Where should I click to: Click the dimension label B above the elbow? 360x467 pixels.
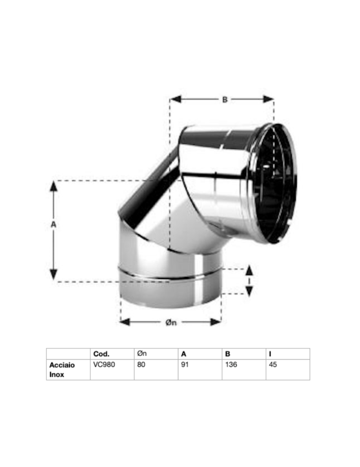coord(225,99)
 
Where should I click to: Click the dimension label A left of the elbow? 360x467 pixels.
coord(53,225)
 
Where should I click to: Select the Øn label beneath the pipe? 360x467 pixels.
coord(171,322)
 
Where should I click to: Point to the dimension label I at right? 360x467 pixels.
coord(249,281)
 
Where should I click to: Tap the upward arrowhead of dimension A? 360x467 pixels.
coord(54,186)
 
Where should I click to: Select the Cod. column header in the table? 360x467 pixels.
coord(101,354)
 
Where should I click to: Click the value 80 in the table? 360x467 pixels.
coord(141,364)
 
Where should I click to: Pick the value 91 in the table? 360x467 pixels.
coord(185,364)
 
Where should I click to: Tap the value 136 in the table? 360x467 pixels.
coord(231,364)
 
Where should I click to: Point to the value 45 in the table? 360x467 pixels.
coord(273,364)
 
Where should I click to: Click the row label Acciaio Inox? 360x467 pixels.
coord(62,369)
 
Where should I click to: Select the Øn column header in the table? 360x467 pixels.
coord(143,354)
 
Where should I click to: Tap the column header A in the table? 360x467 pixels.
coord(184,354)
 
